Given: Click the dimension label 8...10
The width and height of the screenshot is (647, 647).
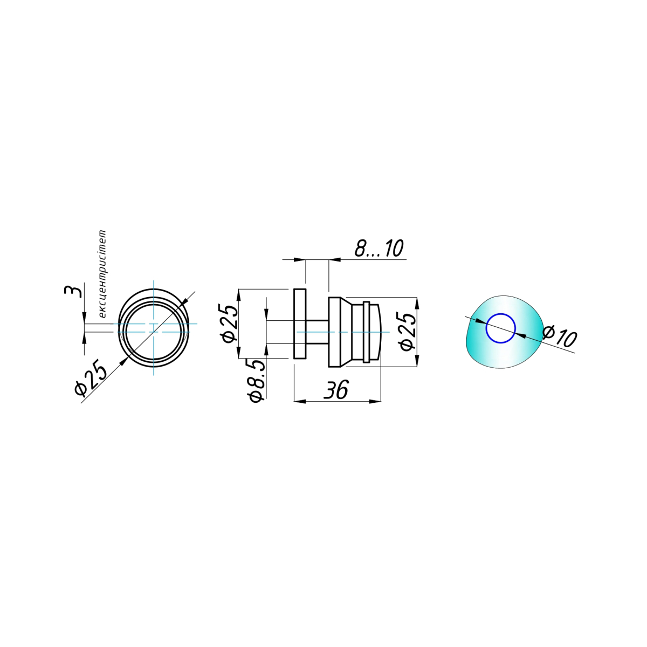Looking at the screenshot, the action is click(378, 249).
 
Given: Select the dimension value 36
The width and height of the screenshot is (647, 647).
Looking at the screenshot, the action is click(336, 390).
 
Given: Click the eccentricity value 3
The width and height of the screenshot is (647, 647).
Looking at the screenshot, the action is click(73, 291).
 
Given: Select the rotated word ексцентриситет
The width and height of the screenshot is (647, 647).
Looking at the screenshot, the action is click(102, 274).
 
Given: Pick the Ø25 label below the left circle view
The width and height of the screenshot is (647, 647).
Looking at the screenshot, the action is click(91, 377).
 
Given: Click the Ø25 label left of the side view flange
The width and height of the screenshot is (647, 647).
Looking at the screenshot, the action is click(230, 323).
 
